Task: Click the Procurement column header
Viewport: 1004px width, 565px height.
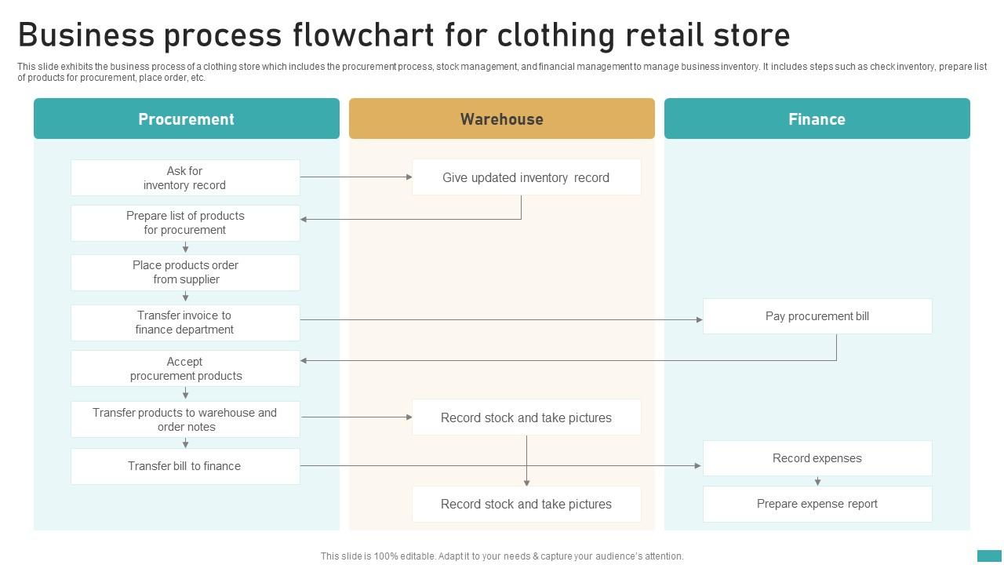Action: click(186, 119)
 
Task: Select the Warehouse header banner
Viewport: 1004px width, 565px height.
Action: click(501, 119)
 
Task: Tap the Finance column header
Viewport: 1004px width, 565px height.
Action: click(817, 119)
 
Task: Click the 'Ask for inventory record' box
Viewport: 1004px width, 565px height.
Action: click(185, 178)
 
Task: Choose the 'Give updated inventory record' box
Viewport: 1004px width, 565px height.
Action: click(526, 177)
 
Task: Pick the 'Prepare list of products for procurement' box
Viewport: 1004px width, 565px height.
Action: click(185, 223)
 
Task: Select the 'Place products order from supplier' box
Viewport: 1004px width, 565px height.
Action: click(185, 272)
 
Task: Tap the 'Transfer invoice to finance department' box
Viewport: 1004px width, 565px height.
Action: click(185, 323)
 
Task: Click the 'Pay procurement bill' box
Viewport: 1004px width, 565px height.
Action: click(817, 316)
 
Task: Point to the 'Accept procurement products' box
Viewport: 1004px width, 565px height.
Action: click(185, 369)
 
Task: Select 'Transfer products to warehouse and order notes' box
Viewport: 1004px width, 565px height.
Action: click(185, 420)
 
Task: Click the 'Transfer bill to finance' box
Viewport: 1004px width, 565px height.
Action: click(185, 466)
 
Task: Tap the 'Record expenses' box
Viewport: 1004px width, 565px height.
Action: click(817, 458)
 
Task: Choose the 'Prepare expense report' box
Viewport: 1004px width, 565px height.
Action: click(817, 504)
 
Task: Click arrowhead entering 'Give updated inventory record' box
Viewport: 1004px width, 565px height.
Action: click(409, 177)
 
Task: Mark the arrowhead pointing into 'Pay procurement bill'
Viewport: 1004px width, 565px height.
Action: click(699, 319)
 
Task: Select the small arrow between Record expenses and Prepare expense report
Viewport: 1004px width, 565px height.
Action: click(817, 481)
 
